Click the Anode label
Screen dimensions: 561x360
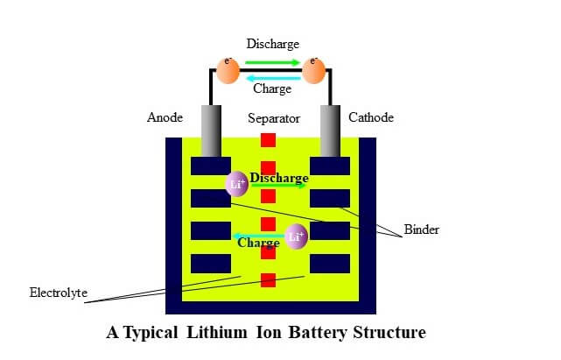[x=165, y=117]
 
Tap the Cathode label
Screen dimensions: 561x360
[x=371, y=117]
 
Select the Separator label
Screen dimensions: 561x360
[x=274, y=118]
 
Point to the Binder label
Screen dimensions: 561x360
[x=422, y=229]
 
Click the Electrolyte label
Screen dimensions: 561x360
[x=59, y=293]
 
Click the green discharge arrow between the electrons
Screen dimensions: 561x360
[x=273, y=63]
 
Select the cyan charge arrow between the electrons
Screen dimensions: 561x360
[x=274, y=78]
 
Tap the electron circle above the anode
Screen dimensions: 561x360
[x=228, y=71]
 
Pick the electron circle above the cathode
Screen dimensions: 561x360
[x=314, y=71]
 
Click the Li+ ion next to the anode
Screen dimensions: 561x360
[x=237, y=184]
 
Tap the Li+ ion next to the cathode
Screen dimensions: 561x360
[x=296, y=236]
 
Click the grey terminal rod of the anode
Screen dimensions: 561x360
[x=211, y=131]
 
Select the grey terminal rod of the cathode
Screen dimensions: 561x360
[x=330, y=131]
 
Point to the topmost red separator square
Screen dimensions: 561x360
[x=268, y=140]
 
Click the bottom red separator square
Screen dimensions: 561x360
[x=268, y=280]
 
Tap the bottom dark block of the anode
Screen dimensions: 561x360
[x=211, y=264]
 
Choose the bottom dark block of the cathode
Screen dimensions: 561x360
[x=330, y=264]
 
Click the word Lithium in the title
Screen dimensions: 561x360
[x=217, y=332]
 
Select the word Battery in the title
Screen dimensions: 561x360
[x=318, y=333]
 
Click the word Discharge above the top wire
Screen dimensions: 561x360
[x=273, y=44]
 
